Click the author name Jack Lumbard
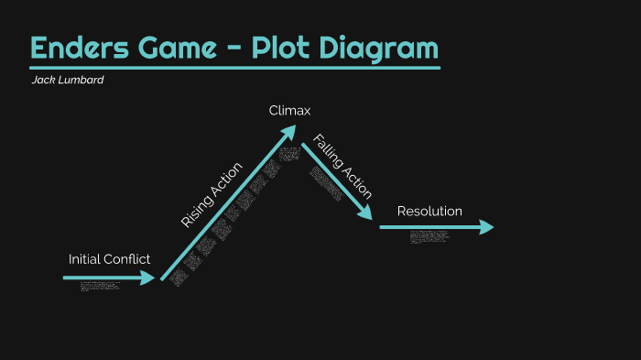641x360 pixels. [x=68, y=80]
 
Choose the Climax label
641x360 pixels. [x=290, y=111]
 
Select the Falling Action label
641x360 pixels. [x=342, y=166]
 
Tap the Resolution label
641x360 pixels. [x=429, y=212]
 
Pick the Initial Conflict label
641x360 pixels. [x=109, y=259]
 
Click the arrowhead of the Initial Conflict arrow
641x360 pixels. [x=149, y=278]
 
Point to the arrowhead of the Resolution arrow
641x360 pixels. [x=486, y=227]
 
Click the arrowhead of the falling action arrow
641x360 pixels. [x=366, y=213]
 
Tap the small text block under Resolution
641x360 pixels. [x=429, y=236]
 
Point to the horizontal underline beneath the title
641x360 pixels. [x=234, y=67]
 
